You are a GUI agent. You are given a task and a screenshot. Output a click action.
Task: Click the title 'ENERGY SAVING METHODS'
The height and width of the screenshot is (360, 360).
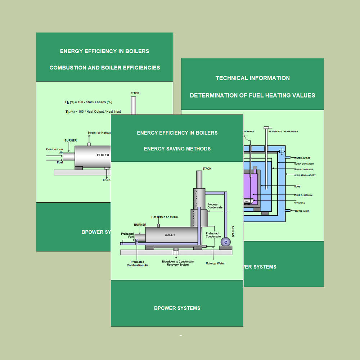pyautogui.click(x=177, y=149)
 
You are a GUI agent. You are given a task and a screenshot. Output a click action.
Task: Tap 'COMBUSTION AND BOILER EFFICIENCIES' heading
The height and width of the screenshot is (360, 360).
pyautogui.click(x=105, y=67)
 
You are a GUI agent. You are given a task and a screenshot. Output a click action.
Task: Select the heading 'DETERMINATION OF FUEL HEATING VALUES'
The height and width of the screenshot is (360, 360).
pyautogui.click(x=252, y=95)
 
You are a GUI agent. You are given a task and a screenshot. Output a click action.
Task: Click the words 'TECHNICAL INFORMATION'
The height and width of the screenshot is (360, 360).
pyautogui.click(x=252, y=78)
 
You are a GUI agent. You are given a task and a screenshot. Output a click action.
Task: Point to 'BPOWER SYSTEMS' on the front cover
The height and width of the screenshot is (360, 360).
pyautogui.click(x=177, y=308)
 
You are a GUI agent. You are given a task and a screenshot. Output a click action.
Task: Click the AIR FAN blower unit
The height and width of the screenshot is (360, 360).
pyautogui.click(x=226, y=242)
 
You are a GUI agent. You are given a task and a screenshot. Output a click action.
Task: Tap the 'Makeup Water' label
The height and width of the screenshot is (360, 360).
pyautogui.click(x=215, y=264)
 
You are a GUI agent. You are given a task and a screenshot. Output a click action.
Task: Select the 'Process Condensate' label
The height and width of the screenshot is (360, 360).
pyautogui.click(x=215, y=206)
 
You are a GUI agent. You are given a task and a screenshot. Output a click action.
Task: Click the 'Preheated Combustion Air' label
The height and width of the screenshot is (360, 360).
pyautogui.click(x=137, y=264)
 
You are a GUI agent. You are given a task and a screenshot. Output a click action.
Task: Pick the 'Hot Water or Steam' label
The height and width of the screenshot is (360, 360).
pyautogui.click(x=165, y=217)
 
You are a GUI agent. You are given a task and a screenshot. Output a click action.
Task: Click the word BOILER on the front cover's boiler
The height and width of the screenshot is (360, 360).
pyautogui.click(x=170, y=235)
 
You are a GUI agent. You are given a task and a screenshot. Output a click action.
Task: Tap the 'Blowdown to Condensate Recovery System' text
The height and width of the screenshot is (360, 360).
pyautogui.click(x=177, y=263)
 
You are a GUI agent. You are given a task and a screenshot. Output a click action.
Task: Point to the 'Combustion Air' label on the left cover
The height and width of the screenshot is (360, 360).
pyautogui.click(x=54, y=151)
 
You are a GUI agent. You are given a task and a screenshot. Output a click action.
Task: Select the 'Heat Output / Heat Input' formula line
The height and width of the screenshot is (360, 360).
pyautogui.click(x=93, y=112)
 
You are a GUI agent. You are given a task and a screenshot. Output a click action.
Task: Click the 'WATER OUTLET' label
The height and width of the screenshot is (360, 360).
pyautogui.click(x=302, y=158)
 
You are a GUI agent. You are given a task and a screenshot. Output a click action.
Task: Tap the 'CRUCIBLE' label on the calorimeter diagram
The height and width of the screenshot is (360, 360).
pyautogui.click(x=300, y=203)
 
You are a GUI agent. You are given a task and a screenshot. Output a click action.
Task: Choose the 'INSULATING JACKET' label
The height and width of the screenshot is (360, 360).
pyautogui.click(x=305, y=175)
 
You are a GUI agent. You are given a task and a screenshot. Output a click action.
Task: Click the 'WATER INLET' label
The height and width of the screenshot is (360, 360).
pyautogui.click(x=301, y=211)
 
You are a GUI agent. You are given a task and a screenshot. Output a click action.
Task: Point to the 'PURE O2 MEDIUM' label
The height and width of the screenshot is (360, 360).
pyautogui.click(x=303, y=195)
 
